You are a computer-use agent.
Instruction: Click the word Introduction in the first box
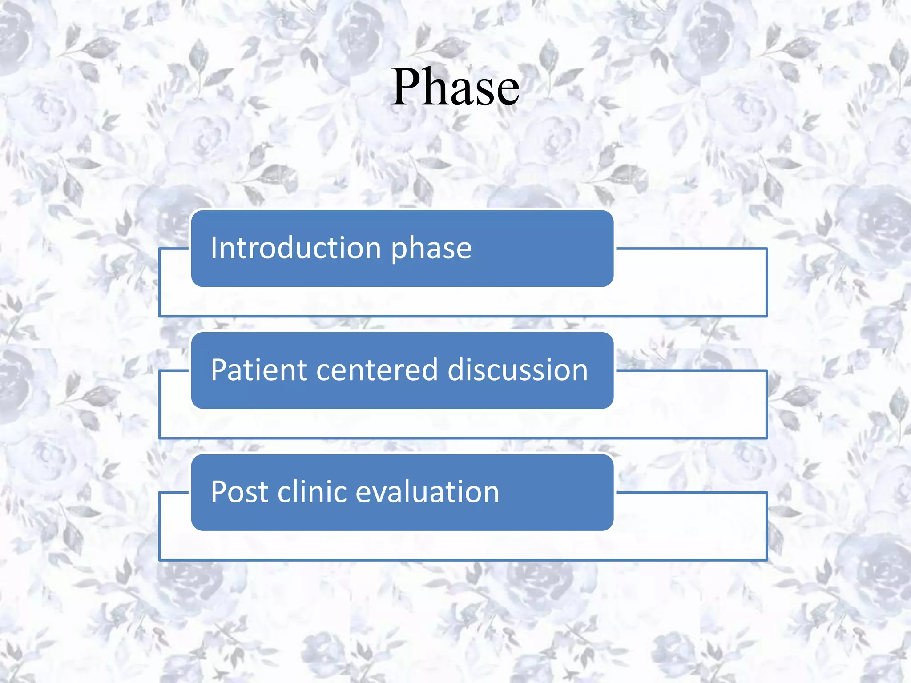tap(296, 248)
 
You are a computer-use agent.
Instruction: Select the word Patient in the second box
tap(259, 370)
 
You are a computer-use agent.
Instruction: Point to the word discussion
tap(517, 370)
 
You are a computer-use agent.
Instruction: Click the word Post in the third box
tap(239, 492)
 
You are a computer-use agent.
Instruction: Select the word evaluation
tap(427, 492)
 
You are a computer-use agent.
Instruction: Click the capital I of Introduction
tap(214, 248)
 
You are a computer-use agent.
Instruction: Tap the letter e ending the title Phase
tap(508, 93)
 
